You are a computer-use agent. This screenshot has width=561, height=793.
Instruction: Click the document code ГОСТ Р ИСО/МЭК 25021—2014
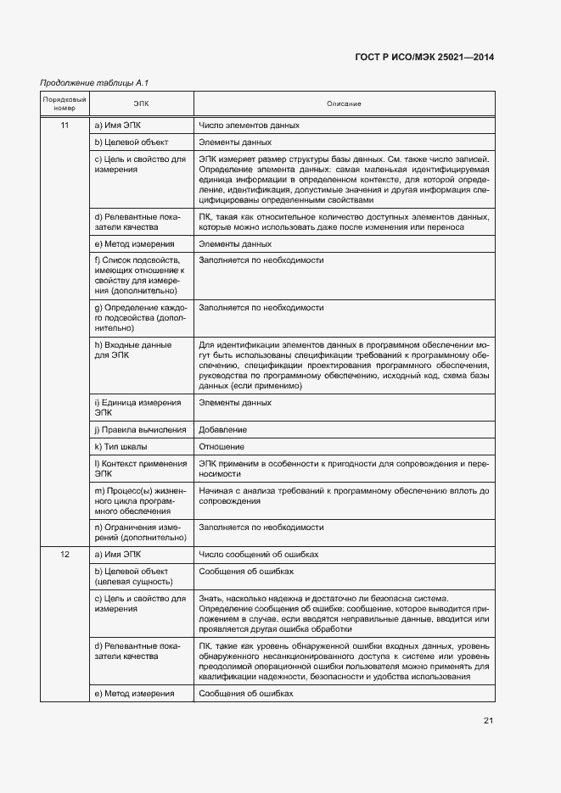[x=424, y=57]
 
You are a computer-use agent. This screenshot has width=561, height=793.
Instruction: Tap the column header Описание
[x=344, y=103]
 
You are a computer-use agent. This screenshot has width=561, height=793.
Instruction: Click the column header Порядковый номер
[x=65, y=103]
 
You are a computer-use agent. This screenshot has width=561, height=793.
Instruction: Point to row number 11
[x=65, y=126]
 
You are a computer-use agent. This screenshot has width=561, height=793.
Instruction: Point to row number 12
[x=65, y=554]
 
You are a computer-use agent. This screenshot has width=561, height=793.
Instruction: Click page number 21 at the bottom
[x=488, y=721]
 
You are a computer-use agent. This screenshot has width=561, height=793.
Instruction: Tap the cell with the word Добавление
[x=223, y=429]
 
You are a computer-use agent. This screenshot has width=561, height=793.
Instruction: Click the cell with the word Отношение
[x=222, y=446]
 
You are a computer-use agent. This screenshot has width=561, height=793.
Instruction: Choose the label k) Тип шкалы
[x=121, y=446]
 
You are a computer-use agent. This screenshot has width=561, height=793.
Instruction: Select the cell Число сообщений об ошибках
[x=258, y=554]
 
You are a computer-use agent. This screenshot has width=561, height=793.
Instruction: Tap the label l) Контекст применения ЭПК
[x=140, y=468]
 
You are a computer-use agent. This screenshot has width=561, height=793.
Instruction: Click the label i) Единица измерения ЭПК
[x=137, y=407]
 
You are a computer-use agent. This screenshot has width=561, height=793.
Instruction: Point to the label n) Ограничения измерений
[x=140, y=532]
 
